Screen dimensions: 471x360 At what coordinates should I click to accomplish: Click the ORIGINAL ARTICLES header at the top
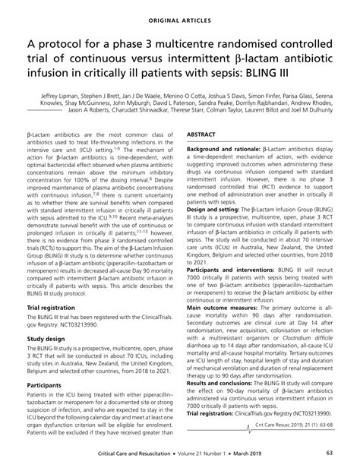[x=179, y=14]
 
